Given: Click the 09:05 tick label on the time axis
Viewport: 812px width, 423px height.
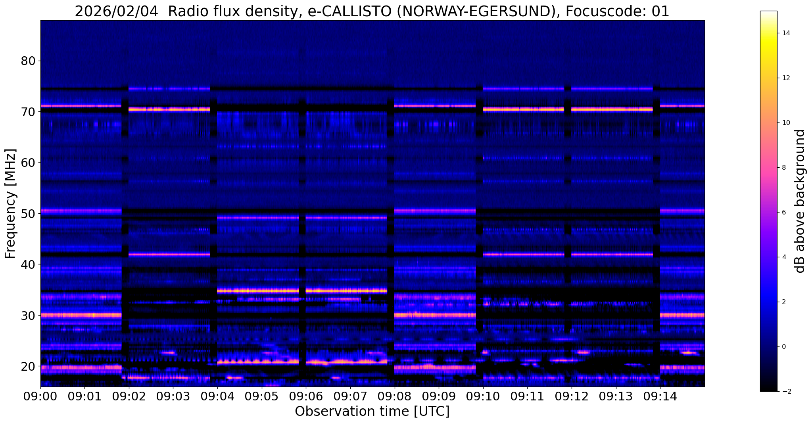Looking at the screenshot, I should (x=261, y=396).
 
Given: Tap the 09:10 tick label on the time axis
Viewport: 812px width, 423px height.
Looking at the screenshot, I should (x=483, y=396).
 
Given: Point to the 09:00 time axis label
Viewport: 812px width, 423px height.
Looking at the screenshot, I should (x=40, y=396).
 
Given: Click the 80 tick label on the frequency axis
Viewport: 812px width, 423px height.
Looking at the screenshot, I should (x=28, y=61).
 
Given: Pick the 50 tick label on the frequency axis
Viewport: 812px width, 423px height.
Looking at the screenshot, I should (x=28, y=214).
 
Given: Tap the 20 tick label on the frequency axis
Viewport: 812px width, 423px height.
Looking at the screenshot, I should (x=28, y=366).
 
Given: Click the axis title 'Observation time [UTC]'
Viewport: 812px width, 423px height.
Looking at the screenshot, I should (x=372, y=412).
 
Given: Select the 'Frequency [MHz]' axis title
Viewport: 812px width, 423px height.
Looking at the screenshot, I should (x=11, y=204).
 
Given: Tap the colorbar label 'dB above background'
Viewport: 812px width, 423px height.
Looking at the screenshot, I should (x=800, y=201).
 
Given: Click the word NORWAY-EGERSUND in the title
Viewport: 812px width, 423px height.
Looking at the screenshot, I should (x=476, y=12).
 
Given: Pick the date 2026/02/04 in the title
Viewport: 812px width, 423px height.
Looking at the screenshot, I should (x=117, y=12).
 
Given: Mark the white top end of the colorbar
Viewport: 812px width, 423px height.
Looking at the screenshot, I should (x=768, y=12).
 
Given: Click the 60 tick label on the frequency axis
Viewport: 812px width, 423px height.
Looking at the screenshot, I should (x=28, y=163).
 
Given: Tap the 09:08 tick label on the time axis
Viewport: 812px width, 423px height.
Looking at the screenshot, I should (x=394, y=396).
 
